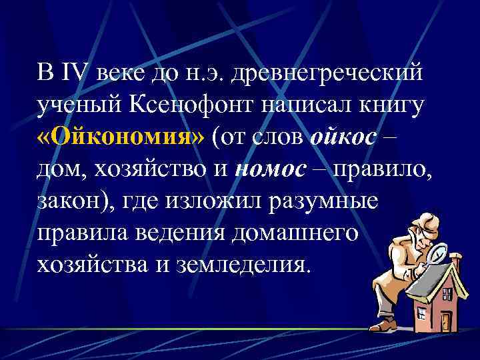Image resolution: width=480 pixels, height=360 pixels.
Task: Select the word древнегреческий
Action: (x=327, y=71)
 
